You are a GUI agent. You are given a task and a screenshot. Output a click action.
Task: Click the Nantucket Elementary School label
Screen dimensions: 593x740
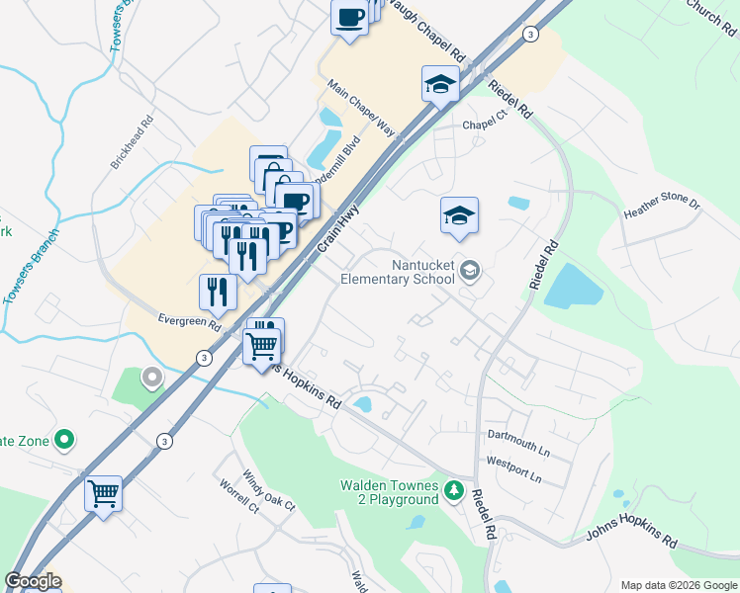(x=400, y=272)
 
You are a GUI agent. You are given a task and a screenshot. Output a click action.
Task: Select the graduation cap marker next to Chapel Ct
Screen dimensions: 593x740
(x=439, y=85)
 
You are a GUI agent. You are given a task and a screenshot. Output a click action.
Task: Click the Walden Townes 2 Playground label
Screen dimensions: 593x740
(x=389, y=492)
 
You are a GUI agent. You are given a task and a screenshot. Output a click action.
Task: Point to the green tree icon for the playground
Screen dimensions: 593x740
(x=453, y=490)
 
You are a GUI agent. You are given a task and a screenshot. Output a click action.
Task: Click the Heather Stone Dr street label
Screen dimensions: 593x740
(x=662, y=208)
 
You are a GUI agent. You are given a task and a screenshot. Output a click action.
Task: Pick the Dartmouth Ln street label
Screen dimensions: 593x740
(x=517, y=441)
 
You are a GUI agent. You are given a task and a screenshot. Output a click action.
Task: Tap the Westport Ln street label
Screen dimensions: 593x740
(x=513, y=468)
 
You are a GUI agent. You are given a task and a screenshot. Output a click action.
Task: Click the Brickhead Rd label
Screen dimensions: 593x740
(x=133, y=144)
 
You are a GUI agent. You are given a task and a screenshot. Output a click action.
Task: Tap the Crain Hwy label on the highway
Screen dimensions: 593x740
(x=336, y=230)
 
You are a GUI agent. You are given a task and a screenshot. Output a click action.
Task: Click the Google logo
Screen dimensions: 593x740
(x=32, y=581)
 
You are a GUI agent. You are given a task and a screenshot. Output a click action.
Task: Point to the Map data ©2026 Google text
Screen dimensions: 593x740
(x=679, y=585)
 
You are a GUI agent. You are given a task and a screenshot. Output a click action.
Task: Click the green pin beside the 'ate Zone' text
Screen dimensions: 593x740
(x=65, y=439)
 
